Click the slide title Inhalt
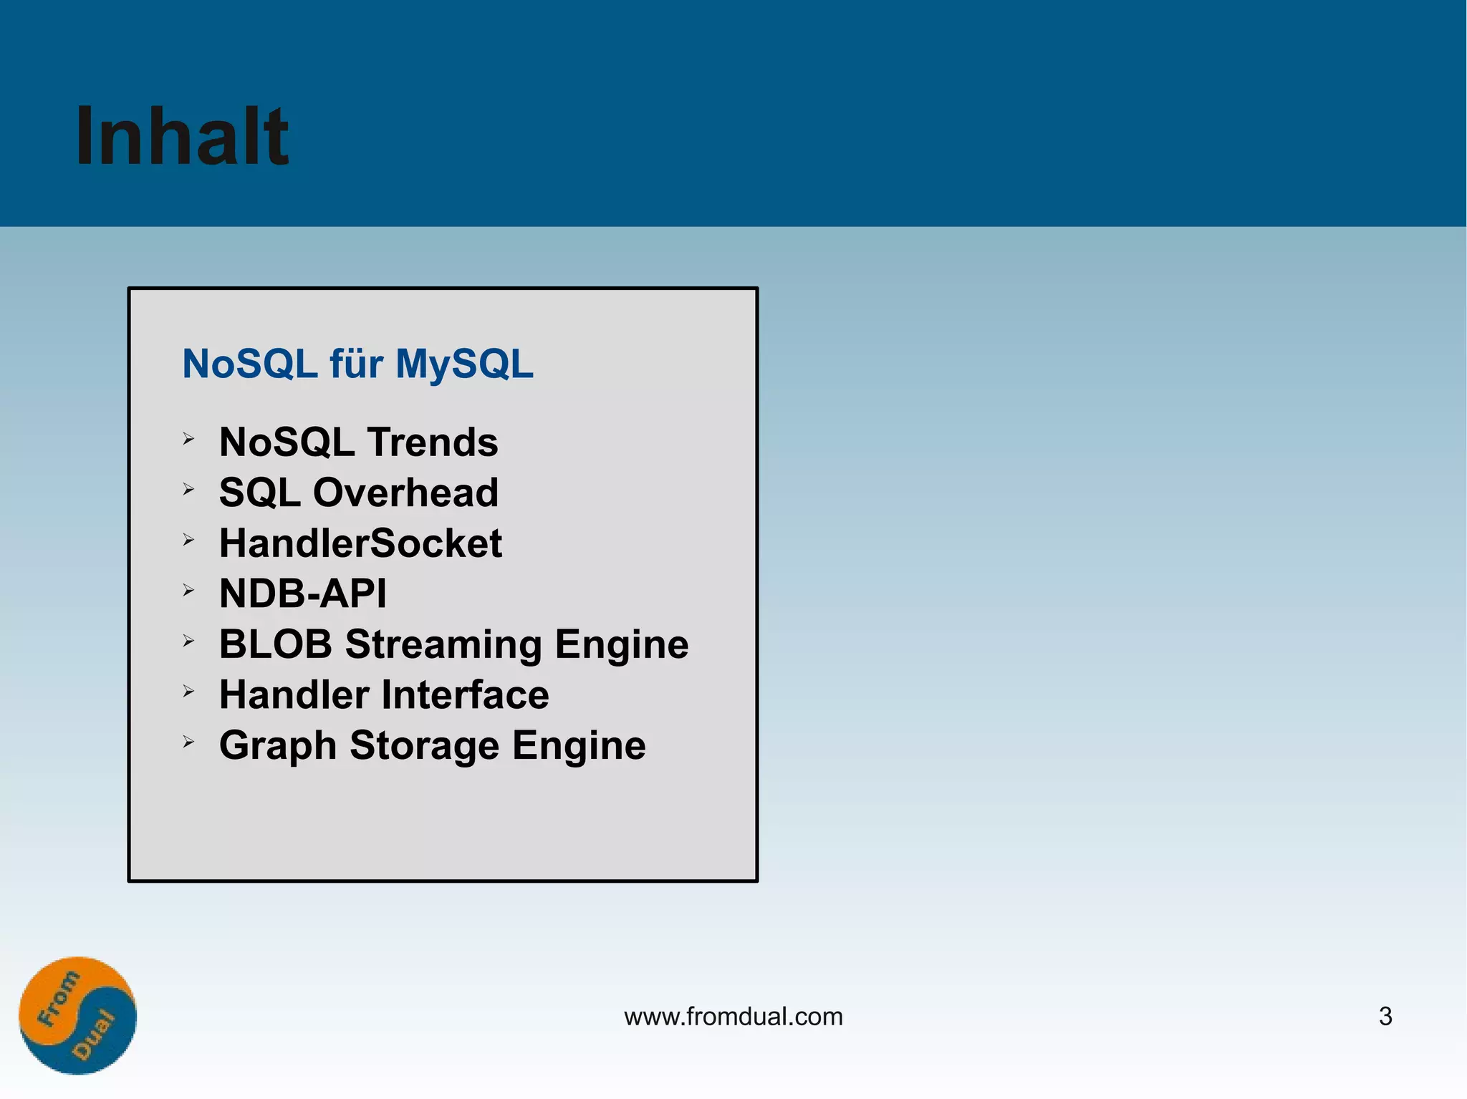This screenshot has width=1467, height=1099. point(182,136)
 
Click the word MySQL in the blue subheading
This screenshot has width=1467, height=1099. point(464,364)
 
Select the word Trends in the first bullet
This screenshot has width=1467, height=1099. point(433,442)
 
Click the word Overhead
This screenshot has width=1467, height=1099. point(405,493)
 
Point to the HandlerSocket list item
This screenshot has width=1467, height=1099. point(360,543)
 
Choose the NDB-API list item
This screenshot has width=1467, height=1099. point(302,594)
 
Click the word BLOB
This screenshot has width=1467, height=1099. point(276,644)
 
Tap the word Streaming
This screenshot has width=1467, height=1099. point(443,645)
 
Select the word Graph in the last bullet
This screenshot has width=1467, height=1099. point(278,747)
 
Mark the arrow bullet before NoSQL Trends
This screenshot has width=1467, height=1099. point(188,439)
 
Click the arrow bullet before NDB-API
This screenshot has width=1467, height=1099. point(188,591)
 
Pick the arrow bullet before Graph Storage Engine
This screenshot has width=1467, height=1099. point(188,742)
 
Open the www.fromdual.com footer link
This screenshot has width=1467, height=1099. point(733,1017)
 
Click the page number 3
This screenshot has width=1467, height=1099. point(1385,1017)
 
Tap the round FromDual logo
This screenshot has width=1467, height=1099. point(77,1015)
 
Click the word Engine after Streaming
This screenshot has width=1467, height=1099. point(621,645)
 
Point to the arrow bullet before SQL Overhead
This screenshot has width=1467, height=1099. point(188,490)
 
